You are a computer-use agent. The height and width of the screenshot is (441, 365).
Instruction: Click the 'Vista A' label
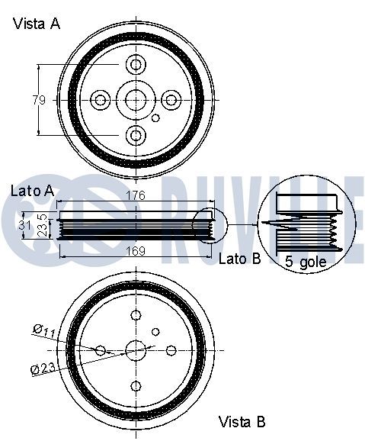(x=37, y=24)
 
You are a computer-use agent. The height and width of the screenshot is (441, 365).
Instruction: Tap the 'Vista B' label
(x=242, y=422)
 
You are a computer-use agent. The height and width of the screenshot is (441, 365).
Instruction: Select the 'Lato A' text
(x=32, y=191)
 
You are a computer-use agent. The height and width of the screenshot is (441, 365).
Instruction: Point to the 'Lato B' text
(x=240, y=259)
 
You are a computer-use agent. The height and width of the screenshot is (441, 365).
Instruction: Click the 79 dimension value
(x=39, y=100)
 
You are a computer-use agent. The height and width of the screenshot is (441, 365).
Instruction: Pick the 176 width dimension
(x=136, y=195)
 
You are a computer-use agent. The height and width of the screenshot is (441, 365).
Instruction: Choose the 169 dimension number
(x=136, y=251)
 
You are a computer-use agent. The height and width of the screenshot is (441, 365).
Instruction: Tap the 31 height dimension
(x=25, y=225)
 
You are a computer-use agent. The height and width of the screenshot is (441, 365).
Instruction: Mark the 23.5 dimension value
(x=43, y=225)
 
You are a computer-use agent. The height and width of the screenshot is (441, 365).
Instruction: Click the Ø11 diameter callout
(x=44, y=331)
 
